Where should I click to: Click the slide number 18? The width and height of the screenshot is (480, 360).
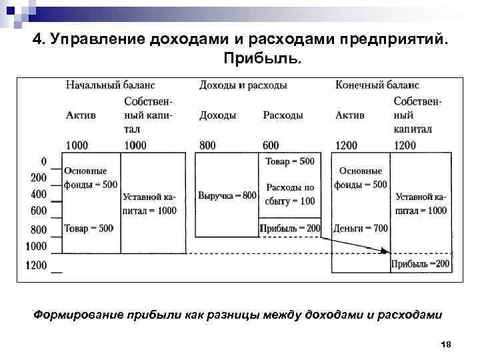click(x=446, y=344)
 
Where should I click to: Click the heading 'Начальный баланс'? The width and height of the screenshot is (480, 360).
click(x=110, y=85)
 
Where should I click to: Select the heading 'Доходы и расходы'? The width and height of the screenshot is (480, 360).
click(x=243, y=85)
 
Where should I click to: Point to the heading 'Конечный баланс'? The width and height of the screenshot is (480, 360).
click(x=377, y=85)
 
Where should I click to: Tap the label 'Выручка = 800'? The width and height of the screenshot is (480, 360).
click(x=227, y=195)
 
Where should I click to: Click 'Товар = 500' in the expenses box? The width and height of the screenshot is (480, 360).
click(x=289, y=161)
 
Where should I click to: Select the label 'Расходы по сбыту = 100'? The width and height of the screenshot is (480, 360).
click(x=289, y=194)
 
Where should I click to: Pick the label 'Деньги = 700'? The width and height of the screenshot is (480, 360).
click(x=361, y=228)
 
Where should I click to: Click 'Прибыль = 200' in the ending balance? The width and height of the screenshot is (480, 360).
click(x=421, y=264)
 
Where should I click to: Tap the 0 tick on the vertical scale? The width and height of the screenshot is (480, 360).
click(x=43, y=161)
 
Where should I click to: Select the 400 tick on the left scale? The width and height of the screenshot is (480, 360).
click(x=39, y=194)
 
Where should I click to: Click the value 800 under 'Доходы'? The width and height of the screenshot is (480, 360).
click(x=207, y=145)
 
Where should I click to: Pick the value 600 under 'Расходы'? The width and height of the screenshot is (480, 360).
click(x=271, y=145)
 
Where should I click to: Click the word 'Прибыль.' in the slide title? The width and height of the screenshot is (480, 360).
click(x=259, y=60)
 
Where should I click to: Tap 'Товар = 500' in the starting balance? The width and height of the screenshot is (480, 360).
click(x=89, y=228)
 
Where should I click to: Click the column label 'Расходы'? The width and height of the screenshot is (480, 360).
click(x=283, y=115)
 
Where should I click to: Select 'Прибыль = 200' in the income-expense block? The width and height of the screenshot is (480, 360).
click(x=290, y=228)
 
